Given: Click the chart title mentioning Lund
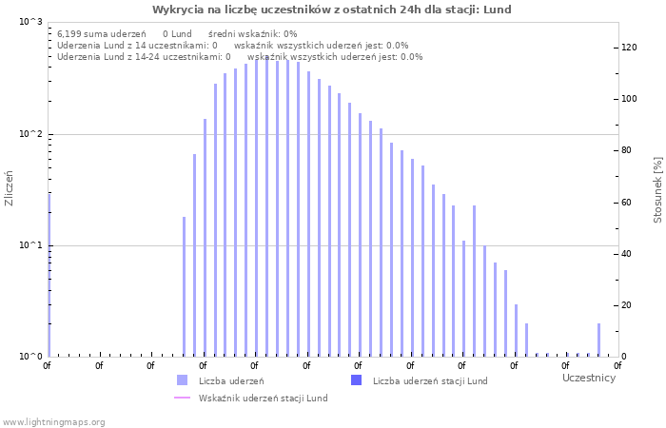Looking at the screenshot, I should pyautogui.click(x=332, y=10).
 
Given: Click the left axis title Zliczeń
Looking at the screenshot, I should pyautogui.click(x=10, y=188).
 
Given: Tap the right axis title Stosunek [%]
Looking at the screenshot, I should pyautogui.click(x=657, y=190).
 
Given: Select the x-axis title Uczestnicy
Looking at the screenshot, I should pyautogui.click(x=588, y=378).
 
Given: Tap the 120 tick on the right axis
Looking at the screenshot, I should pyautogui.click(x=629, y=47).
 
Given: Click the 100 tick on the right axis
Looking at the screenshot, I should pyautogui.click(x=629, y=99).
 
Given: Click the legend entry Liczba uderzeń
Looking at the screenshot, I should pyautogui.click(x=225, y=380).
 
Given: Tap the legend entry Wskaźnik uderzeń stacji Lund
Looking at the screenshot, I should pyautogui.click(x=263, y=398).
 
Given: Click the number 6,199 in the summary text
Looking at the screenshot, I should pyautogui.click(x=70, y=33).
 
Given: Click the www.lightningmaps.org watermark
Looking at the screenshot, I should pyautogui.click(x=53, y=421).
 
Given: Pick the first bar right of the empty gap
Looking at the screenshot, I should pyautogui.click(x=185, y=286).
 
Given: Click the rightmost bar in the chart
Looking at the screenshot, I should pyautogui.click(x=598, y=340).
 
